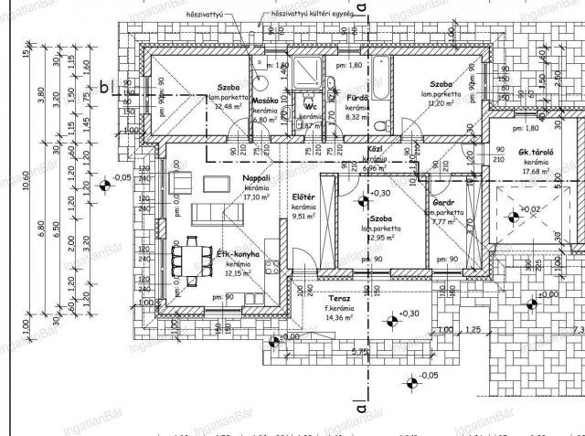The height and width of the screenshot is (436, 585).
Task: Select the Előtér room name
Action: pyautogui.click(x=303, y=197)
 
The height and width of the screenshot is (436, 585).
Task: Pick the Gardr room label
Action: pyautogui.click(x=446, y=202)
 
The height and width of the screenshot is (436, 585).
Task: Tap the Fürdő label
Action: pyautogui.click(x=356, y=96)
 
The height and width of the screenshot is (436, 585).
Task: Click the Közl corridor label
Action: pyautogui.click(x=373, y=149)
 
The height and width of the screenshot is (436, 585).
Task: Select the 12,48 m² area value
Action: pyautogui.click(x=224, y=106)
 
